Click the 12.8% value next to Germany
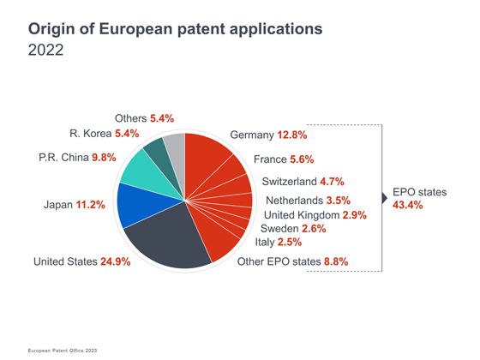click(x=292, y=135)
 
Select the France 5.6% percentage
click(x=302, y=159)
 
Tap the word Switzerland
click(x=290, y=182)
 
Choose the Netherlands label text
click(x=295, y=201)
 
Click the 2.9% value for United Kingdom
click(x=355, y=215)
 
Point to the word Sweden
click(x=279, y=229)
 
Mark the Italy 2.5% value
click(x=290, y=242)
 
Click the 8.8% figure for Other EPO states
click(x=336, y=261)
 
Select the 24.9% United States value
click(x=116, y=261)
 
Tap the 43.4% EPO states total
click(x=408, y=205)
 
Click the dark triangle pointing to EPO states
click(x=385, y=198)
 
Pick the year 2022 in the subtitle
click(x=46, y=50)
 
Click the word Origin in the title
click(x=51, y=30)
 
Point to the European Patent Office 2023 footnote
click(x=63, y=351)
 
